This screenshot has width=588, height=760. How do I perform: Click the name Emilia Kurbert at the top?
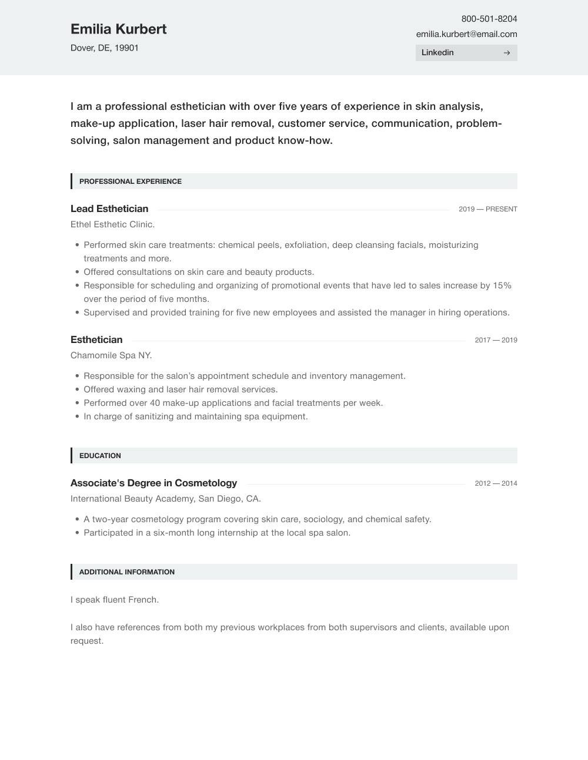118,29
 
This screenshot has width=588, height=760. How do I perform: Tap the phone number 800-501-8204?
489,19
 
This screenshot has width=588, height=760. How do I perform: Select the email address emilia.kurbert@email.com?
466,34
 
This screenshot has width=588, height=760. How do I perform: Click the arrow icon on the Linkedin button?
507,53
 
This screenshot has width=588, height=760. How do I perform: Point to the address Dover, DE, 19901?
105,48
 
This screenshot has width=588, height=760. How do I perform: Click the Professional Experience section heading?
131,181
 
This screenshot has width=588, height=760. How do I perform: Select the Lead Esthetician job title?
109,209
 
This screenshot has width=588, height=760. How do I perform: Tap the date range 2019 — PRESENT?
487,209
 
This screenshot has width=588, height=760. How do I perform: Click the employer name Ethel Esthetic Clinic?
112,224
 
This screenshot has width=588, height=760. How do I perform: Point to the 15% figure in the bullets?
502,285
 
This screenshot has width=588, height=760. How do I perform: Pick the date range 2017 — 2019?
496,340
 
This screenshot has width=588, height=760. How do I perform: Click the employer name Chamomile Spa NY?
111,355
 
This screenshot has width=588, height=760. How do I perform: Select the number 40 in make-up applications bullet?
155,403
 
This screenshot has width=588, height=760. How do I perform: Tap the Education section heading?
100,456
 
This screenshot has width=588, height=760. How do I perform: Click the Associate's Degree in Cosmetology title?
153,483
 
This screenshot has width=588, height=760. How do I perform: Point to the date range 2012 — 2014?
496,483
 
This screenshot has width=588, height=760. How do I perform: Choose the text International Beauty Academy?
132,499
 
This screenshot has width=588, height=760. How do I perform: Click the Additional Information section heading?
127,572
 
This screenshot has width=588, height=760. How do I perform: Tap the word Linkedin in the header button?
437,53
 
